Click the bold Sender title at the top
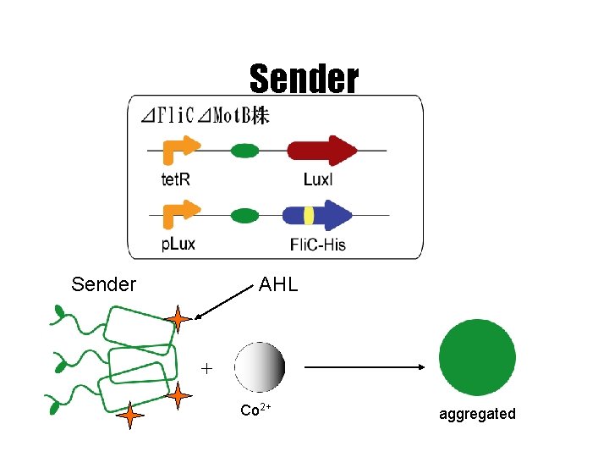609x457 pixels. click(304, 79)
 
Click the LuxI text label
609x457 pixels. click(318, 179)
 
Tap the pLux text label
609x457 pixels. click(178, 244)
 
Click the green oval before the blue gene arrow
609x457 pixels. click(244, 215)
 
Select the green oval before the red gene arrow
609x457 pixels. click(244, 151)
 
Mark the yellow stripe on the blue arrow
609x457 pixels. click(310, 216)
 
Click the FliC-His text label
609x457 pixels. click(318, 245)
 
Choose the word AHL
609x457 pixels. click(278, 284)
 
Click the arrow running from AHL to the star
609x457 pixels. click(228, 303)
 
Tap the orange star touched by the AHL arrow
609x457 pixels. click(178, 320)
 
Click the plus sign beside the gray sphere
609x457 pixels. click(206, 368)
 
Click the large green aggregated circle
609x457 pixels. click(478, 357)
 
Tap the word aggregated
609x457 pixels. click(477, 414)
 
